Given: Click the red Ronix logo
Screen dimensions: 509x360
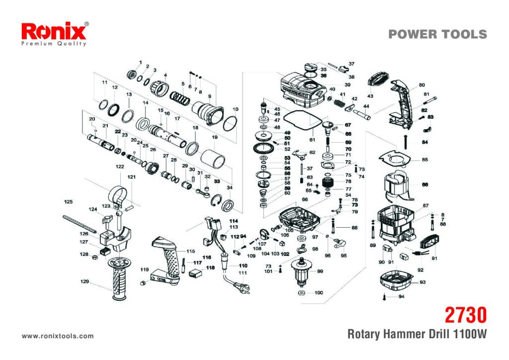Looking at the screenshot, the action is (54, 32).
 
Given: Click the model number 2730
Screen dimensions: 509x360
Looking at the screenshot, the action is (465, 315).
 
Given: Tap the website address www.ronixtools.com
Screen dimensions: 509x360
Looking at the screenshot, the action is (58, 336).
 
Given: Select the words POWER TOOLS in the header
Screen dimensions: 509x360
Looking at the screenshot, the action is (437, 34).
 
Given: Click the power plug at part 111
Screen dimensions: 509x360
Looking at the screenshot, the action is (242, 287).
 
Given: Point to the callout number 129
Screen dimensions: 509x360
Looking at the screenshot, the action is (85, 281).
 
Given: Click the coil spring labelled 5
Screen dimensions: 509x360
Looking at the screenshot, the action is (180, 97).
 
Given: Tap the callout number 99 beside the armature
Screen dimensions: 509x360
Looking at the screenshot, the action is (320, 271).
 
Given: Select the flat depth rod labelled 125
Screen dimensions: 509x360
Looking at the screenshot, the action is (80, 223).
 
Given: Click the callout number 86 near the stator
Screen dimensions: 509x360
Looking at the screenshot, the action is (424, 184).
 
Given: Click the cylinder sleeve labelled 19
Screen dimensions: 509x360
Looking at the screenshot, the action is (213, 159).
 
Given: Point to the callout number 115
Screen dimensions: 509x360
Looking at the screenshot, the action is (190, 251).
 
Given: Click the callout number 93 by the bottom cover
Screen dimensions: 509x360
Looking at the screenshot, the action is (423, 282).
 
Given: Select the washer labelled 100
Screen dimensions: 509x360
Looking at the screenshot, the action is (302, 293).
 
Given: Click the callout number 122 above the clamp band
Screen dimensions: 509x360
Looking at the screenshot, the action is (120, 167).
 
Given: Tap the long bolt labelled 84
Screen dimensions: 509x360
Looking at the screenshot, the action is (406, 142).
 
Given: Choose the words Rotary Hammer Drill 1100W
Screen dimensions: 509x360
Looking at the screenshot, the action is (417, 334).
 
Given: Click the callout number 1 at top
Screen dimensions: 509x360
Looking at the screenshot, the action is (141, 62).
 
